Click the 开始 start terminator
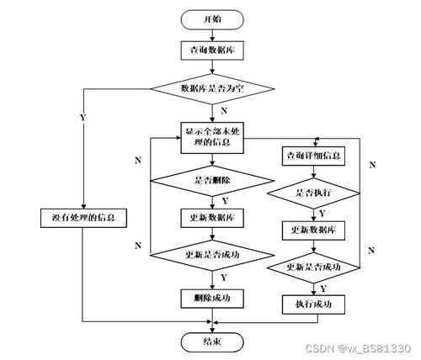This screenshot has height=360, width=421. point(212,19)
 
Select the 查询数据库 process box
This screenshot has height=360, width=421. point(212,50)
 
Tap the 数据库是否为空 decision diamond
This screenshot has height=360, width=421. point(212,87)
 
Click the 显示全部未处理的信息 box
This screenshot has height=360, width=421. point(212,137)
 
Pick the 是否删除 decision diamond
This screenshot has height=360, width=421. point(212,179)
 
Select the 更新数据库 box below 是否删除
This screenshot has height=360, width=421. point(212,216)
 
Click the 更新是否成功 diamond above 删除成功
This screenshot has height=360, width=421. point(212,254)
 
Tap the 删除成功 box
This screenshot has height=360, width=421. point(212,297)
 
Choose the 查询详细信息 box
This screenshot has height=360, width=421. point(314,156)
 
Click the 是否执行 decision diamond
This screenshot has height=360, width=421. point(314,193)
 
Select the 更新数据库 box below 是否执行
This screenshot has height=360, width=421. point(314,230)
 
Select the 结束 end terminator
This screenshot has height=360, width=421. point(212,341)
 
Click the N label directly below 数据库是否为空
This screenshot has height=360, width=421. point(222,109)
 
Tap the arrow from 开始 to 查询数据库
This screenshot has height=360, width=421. point(212,34)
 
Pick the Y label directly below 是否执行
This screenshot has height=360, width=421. point(322,214)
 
